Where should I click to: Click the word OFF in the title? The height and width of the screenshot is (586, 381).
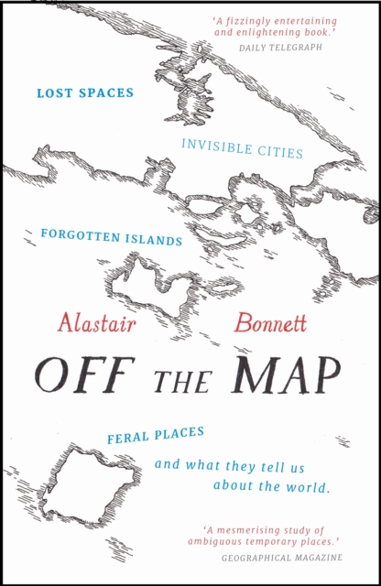(x=80, y=373)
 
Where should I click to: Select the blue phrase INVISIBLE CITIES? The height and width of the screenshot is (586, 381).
(x=241, y=148)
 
